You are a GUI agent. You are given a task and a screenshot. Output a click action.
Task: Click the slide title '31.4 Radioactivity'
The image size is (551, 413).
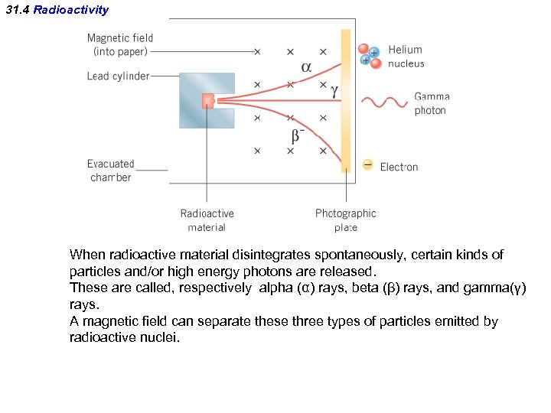pyautogui.click(x=57, y=11)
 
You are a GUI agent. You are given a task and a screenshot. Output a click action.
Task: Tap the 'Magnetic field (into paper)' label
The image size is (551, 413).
pyautogui.click(x=120, y=44)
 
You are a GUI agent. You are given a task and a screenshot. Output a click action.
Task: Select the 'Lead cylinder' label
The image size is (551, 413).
pyautogui.click(x=118, y=76)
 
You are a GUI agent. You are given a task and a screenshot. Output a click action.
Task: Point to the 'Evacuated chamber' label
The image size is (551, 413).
pyautogui.click(x=110, y=171)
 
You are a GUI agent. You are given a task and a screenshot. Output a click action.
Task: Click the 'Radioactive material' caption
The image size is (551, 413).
pyautogui.click(x=207, y=220)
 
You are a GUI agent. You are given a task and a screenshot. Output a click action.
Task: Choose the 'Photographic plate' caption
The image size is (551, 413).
pyautogui.click(x=346, y=220)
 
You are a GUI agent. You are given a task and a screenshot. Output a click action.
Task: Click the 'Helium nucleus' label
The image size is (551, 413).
pyautogui.click(x=406, y=57)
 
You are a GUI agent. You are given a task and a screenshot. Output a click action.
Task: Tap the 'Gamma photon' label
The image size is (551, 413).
pyautogui.click(x=432, y=103)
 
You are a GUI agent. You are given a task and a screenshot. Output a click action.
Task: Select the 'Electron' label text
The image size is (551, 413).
pyautogui.click(x=399, y=167)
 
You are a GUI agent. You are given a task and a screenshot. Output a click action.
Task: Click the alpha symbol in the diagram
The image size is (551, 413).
pyautogui.click(x=306, y=67)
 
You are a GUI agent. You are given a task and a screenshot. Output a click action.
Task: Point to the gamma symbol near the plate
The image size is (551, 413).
pyautogui.click(x=334, y=89)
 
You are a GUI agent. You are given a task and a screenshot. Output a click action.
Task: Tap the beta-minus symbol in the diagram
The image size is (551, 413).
pyautogui.click(x=297, y=135)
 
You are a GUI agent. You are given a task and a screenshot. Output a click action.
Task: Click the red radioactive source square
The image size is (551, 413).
pyautogui.click(x=207, y=101)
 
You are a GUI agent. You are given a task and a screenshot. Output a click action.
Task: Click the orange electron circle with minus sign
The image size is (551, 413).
pyautogui.click(x=368, y=164)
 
